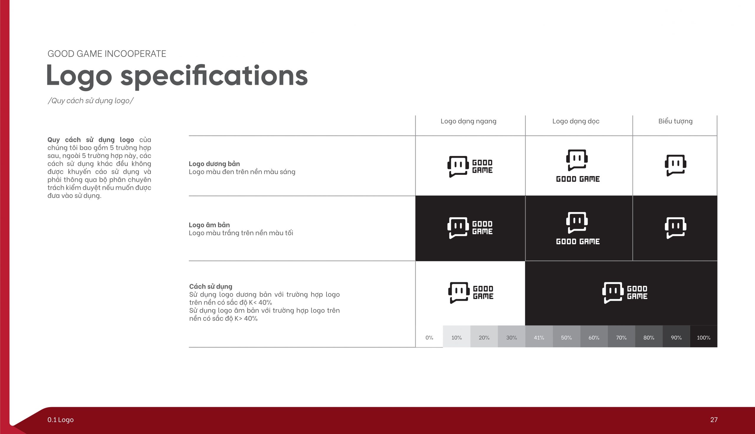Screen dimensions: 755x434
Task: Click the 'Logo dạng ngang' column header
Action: coord(468,121)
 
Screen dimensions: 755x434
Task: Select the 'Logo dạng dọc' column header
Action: coord(576,121)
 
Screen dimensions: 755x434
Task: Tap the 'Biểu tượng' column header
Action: coord(675,121)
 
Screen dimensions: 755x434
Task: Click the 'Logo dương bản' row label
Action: coord(214,164)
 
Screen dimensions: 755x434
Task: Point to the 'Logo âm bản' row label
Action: coord(209,225)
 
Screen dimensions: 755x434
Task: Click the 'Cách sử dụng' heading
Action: coord(211,287)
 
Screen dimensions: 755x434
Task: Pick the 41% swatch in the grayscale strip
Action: coord(539,336)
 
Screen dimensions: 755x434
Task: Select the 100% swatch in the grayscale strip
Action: coord(703,336)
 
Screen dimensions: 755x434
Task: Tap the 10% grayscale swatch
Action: coord(457,336)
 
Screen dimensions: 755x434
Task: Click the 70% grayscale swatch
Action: coord(621,336)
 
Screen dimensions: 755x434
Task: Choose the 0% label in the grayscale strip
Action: coord(429,338)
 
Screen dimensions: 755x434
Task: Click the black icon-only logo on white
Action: coord(675,165)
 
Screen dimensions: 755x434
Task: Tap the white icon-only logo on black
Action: coord(675,228)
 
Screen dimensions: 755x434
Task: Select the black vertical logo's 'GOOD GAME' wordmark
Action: coord(578,179)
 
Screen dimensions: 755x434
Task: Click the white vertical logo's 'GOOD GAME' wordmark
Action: coord(578,241)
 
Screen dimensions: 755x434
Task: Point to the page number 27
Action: coord(714,420)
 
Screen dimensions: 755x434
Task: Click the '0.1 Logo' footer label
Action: coord(60,420)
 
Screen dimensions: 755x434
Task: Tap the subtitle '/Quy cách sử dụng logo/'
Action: coord(91,101)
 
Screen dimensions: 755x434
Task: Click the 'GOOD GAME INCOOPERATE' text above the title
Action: coord(107,54)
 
